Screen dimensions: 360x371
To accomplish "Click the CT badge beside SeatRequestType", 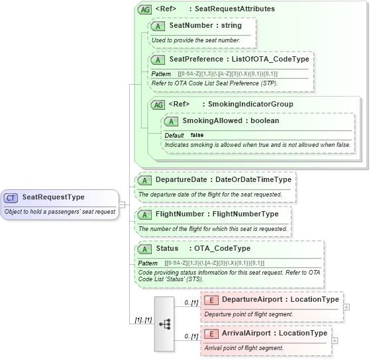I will tap(12, 197).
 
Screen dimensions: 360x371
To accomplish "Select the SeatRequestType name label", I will tap(53, 197).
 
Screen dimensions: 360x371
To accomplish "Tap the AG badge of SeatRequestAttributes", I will tap(144, 9).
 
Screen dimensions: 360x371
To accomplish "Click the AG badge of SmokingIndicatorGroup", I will tap(158, 105).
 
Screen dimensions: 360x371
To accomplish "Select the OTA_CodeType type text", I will tap(221, 249).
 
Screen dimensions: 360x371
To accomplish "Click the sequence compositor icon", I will tap(165, 324).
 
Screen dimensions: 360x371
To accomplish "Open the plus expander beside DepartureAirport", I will tap(347, 307).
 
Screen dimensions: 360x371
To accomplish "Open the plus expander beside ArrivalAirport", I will tap(335, 341).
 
